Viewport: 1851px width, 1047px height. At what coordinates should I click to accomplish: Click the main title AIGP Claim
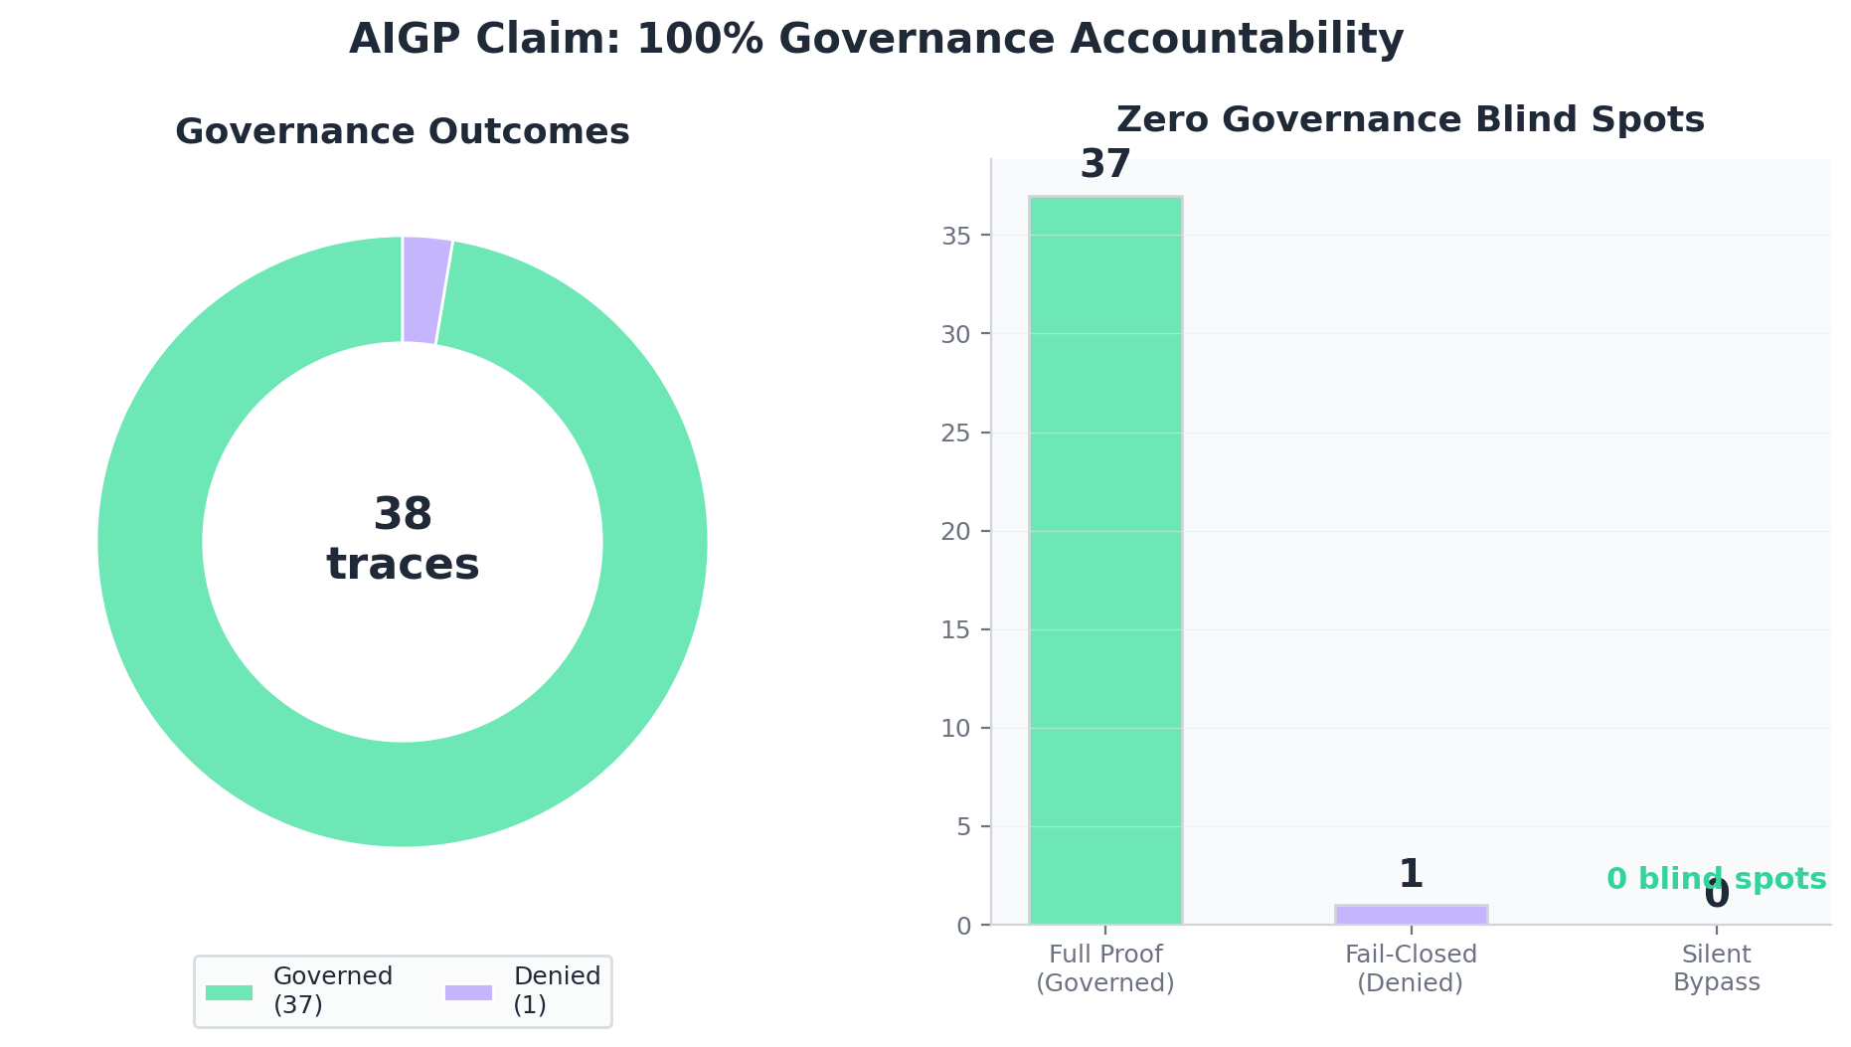coord(876,40)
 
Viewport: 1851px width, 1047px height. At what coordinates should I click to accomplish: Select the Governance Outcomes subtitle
coord(402,132)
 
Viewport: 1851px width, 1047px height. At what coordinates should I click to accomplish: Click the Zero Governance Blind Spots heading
coord(1410,120)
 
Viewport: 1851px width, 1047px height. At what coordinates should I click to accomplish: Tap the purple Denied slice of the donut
coord(424,290)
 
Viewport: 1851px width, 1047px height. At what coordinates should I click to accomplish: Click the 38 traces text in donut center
coord(403,540)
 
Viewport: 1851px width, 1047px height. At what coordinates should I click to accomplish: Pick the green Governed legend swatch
coord(229,992)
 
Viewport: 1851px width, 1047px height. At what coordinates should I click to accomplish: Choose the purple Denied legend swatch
coord(468,992)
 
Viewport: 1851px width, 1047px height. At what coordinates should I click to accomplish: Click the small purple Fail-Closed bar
coord(1411,915)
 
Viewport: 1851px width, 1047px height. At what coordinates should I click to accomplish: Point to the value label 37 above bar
coord(1105,165)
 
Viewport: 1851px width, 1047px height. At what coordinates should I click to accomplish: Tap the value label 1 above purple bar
coord(1411,875)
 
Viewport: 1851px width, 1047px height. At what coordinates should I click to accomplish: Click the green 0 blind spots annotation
coord(1716,879)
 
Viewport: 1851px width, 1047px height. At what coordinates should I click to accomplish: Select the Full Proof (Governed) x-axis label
coord(1105,968)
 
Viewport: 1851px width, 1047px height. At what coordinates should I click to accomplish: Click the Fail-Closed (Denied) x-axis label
coord(1411,968)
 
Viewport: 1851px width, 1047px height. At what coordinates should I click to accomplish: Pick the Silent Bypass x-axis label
coord(1716,968)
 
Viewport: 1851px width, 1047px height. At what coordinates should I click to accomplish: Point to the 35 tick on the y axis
coord(955,236)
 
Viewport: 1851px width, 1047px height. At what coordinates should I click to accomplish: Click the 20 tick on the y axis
coord(955,531)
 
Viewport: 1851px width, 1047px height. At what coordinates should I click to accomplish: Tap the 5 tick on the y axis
coord(963,827)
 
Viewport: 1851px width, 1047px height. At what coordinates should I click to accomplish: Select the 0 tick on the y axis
coord(963,926)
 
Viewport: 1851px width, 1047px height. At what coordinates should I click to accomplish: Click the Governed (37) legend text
coord(333,990)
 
